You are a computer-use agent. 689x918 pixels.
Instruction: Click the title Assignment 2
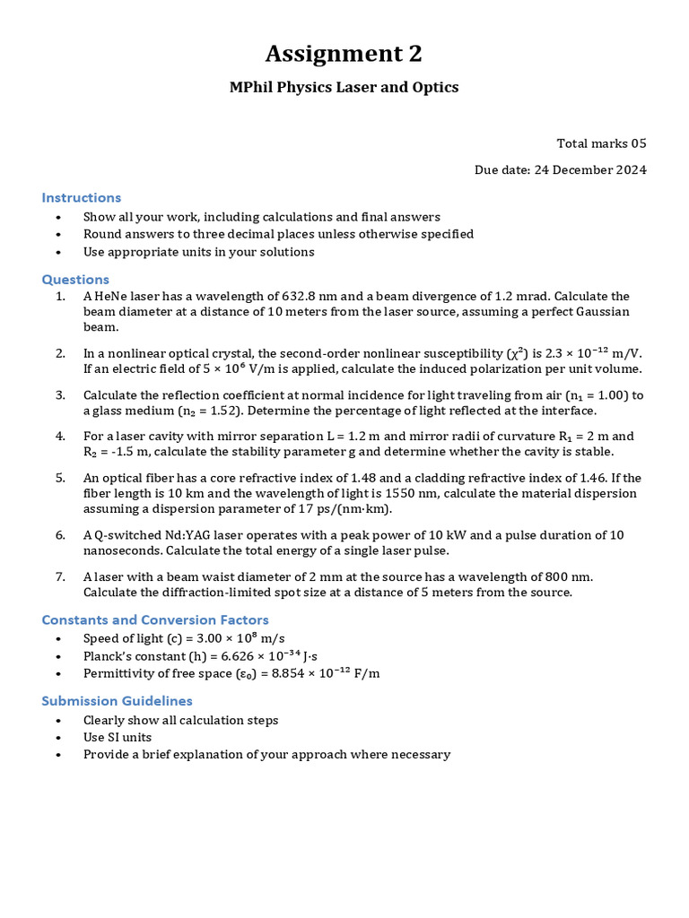[344, 55]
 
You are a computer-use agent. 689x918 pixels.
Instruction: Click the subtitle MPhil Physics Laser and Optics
[344, 87]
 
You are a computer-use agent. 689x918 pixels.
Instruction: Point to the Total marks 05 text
[601, 143]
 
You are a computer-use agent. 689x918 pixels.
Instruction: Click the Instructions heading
[82, 197]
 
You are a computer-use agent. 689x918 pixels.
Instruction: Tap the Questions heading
[75, 279]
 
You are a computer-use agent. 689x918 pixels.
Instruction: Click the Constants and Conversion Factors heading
[155, 619]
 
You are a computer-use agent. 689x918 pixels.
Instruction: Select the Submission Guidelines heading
[118, 700]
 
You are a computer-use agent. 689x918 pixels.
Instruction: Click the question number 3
[60, 394]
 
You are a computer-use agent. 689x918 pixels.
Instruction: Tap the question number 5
[60, 478]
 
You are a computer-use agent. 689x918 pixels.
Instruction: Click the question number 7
[60, 576]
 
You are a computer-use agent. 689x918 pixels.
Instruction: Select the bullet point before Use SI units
[59, 737]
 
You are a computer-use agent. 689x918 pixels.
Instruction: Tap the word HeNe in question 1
[112, 296]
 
